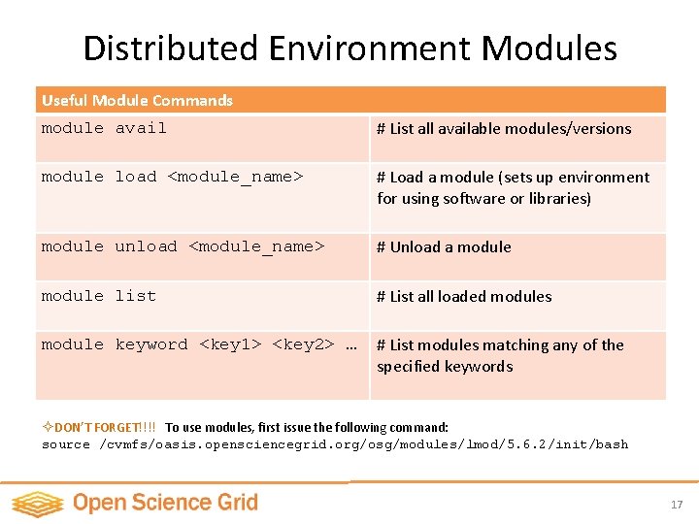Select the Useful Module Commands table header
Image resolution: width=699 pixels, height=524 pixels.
[137, 100]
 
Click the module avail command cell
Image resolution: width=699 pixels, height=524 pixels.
[104, 128]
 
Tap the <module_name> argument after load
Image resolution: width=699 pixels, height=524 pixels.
[236, 177]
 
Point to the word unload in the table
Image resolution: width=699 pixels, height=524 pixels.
[146, 246]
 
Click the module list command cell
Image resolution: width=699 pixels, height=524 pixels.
[98, 296]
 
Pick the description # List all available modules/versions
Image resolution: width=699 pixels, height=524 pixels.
[504, 129]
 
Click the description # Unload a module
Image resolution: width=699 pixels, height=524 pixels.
[444, 247]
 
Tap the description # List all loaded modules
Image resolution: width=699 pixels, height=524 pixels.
[464, 297]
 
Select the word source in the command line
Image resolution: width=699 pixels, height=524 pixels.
[66, 444]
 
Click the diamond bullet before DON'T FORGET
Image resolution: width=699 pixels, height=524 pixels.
[48, 427]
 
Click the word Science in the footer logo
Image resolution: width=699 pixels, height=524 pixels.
[162, 503]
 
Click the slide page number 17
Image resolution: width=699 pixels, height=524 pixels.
[677, 505]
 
